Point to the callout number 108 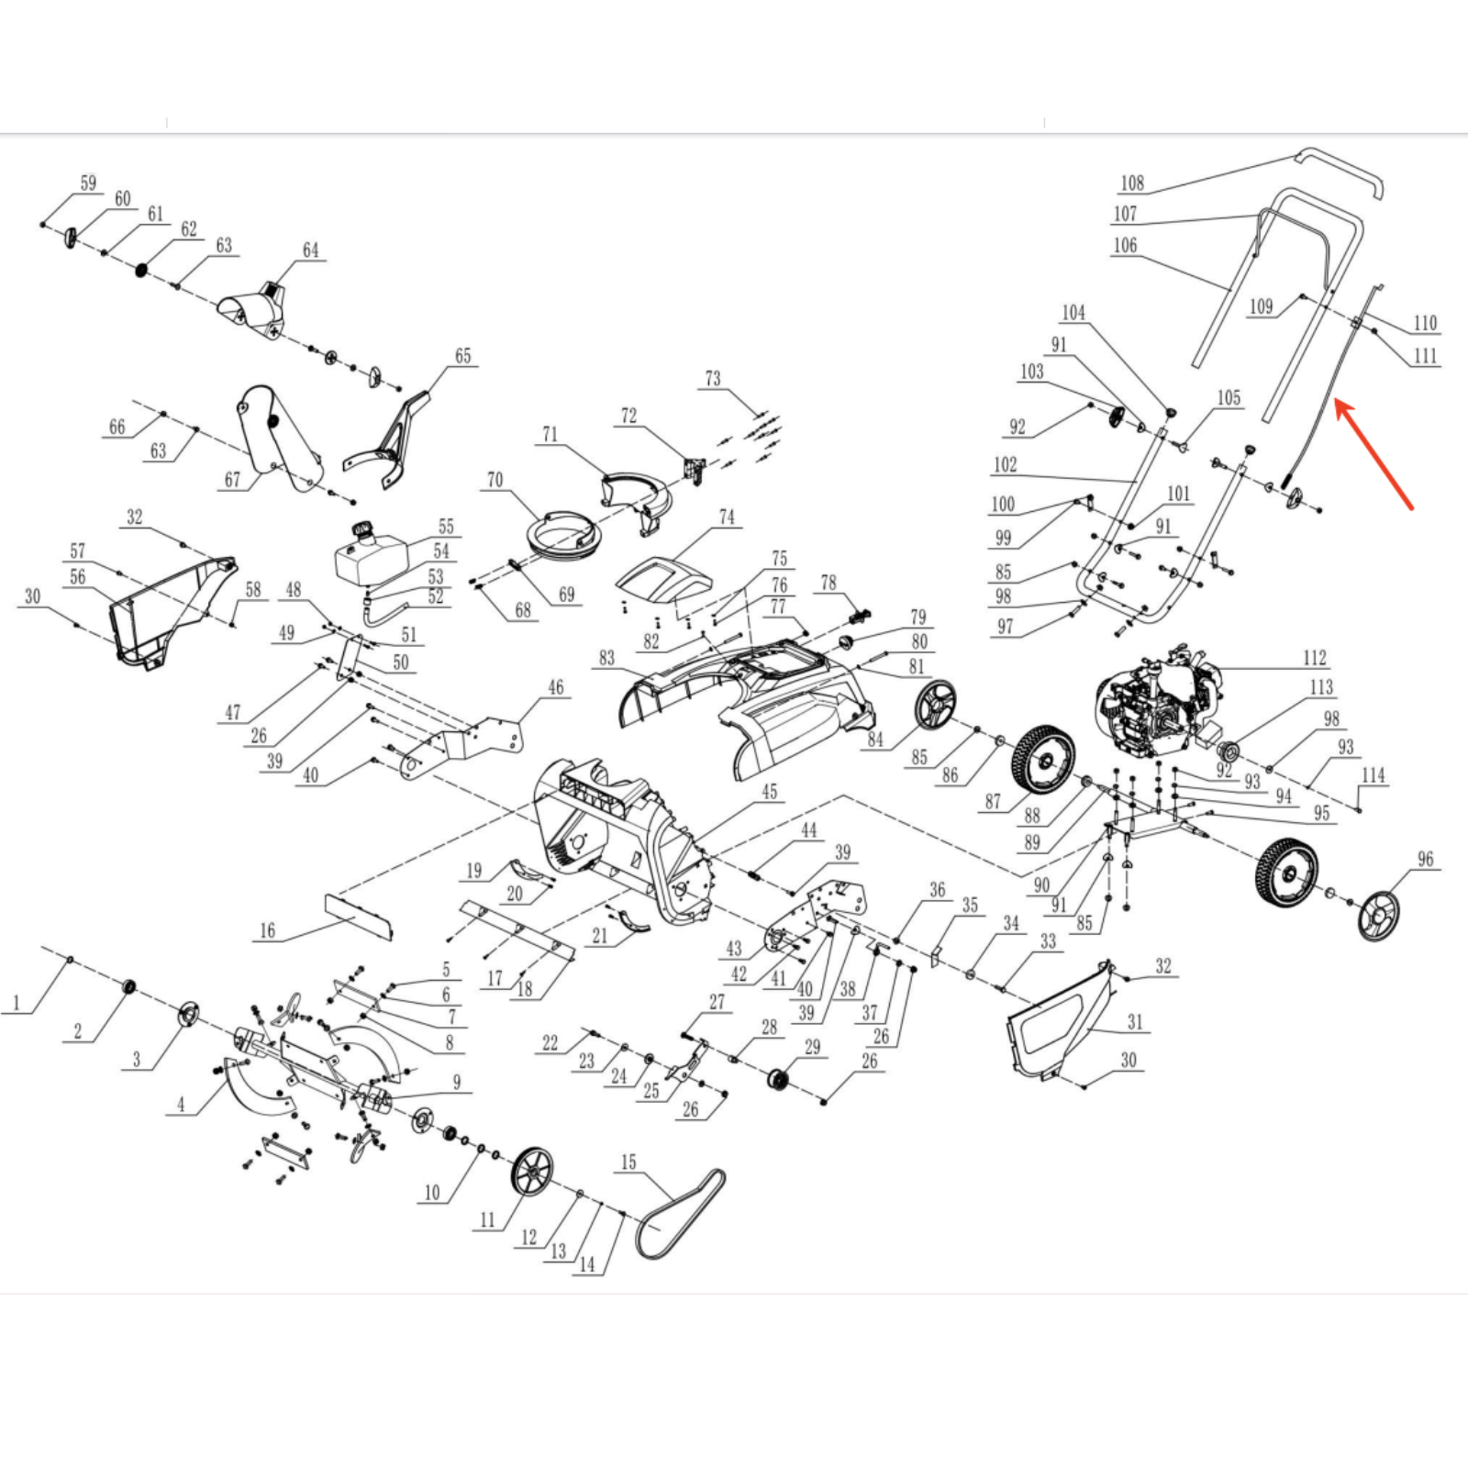(1132, 183)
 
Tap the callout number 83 (606, 658)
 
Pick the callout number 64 (311, 250)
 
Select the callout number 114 (1373, 775)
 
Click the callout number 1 (16, 1003)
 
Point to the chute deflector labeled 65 (385, 447)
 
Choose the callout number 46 (556, 688)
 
